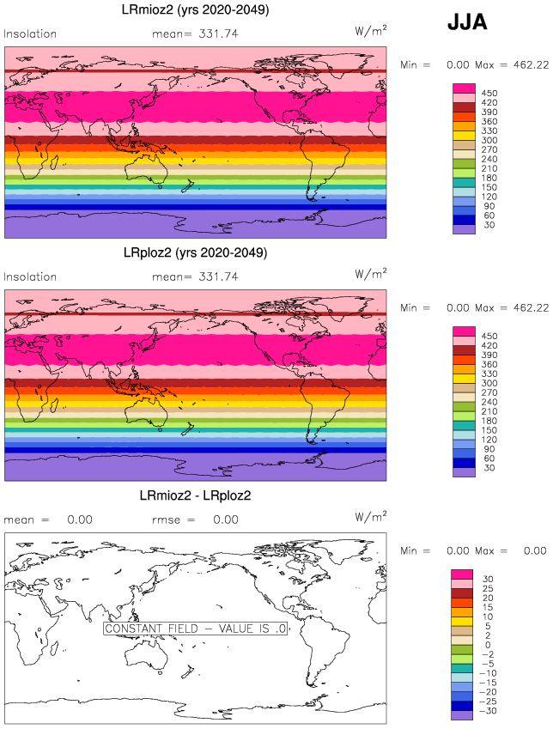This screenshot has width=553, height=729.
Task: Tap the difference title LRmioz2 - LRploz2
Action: [195, 495]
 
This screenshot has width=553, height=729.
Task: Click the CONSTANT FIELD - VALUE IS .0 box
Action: [196, 629]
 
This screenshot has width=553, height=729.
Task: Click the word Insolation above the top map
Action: [31, 34]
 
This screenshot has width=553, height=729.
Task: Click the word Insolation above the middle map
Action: [31, 277]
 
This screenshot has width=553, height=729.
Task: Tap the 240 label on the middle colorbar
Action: [489, 402]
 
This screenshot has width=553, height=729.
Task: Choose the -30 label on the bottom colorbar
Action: [487, 711]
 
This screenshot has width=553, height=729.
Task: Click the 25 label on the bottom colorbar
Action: [487, 589]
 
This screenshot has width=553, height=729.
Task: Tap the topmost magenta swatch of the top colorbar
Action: [464, 88]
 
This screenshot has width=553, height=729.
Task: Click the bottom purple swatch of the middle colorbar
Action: [464, 472]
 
